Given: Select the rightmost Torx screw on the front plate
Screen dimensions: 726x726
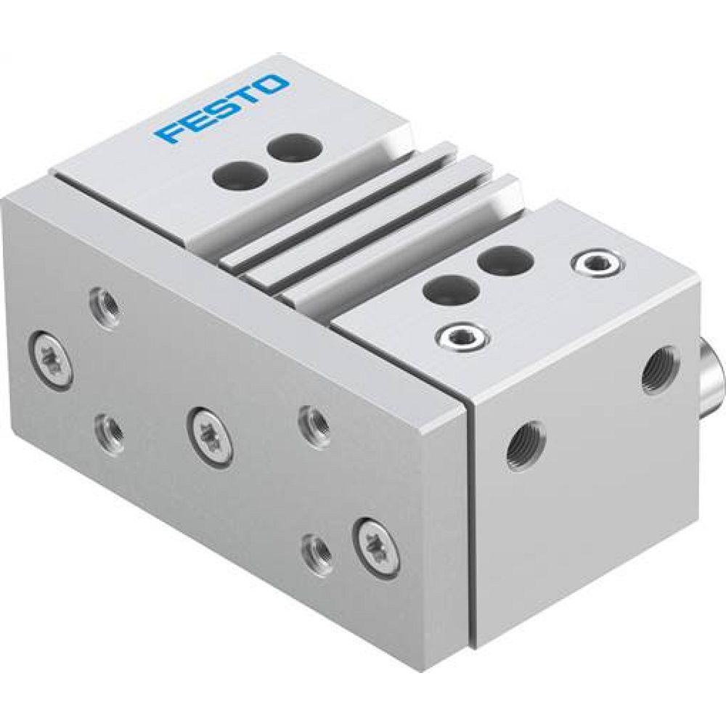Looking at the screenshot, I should tap(378, 545).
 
